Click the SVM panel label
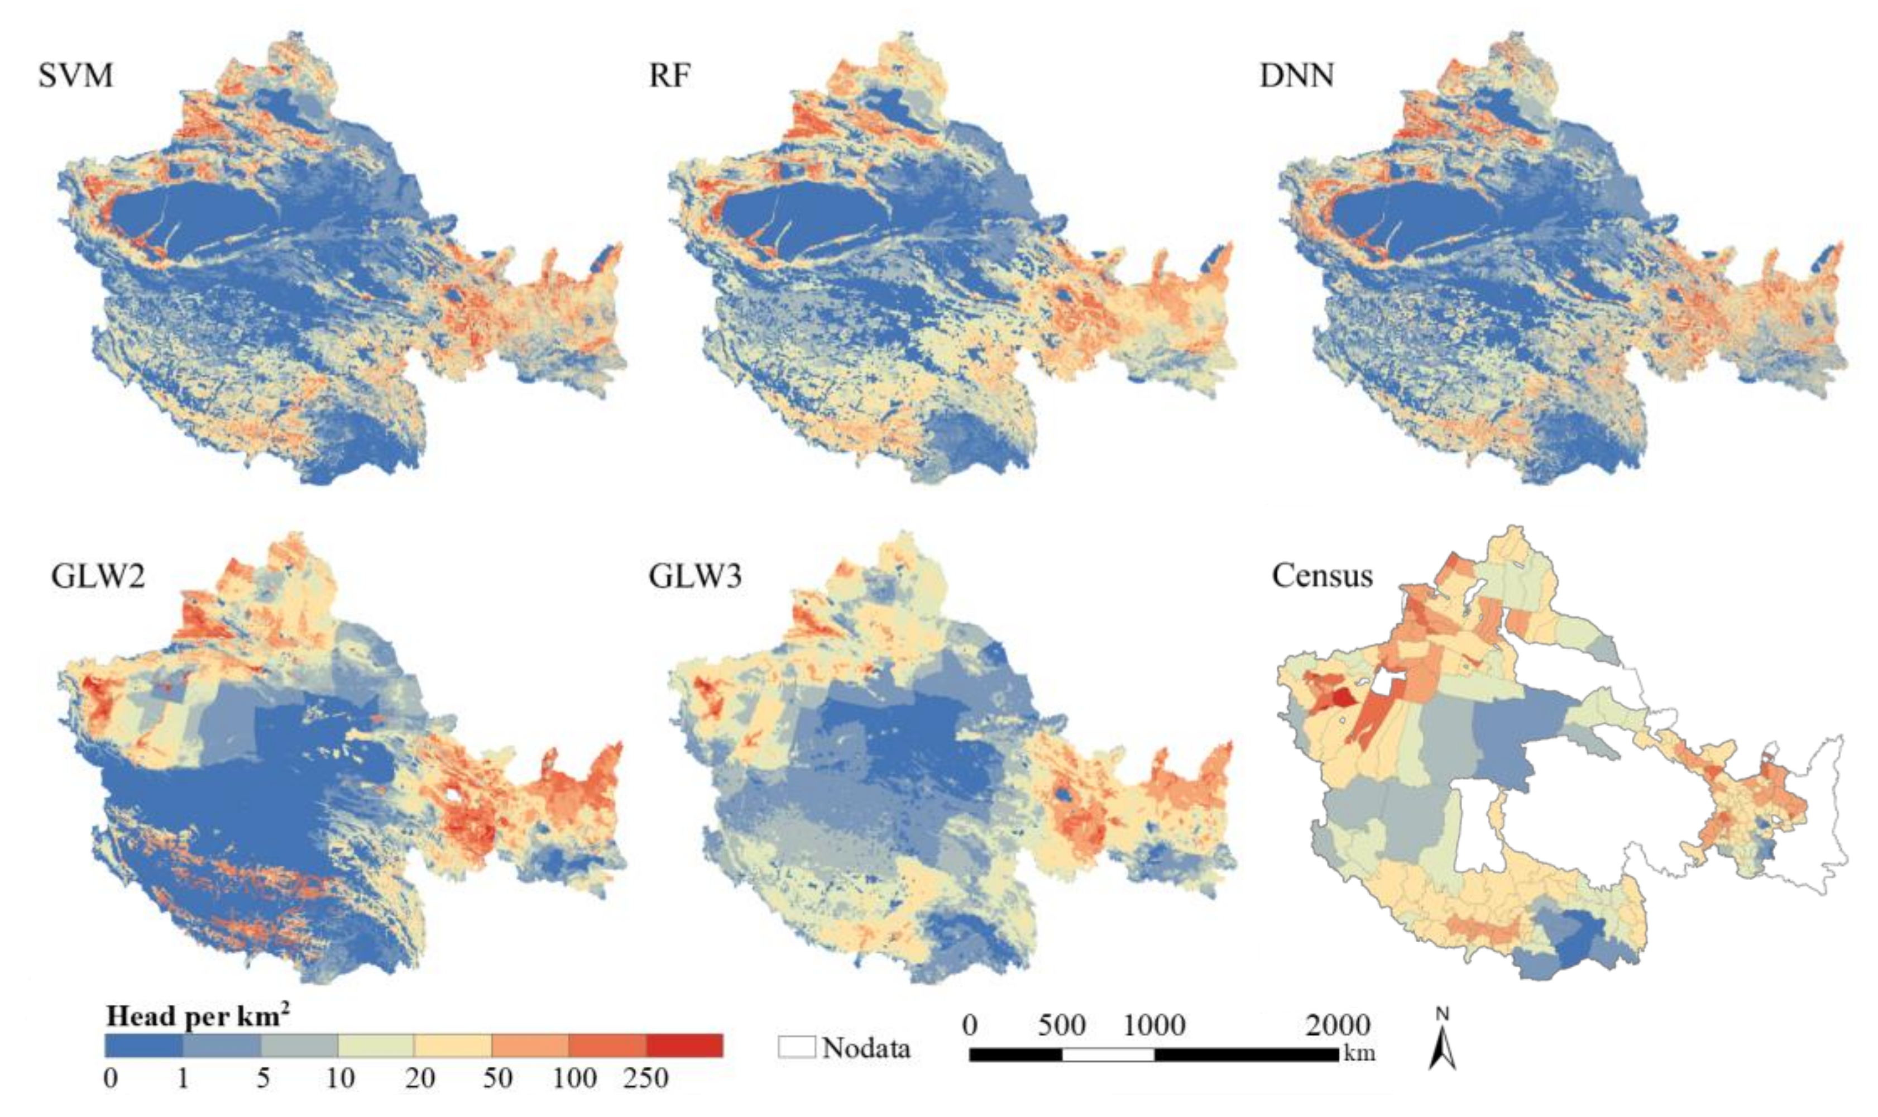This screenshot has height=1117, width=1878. tap(75, 77)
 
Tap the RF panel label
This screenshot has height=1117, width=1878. tap(669, 77)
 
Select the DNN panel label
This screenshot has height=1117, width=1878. tap(1296, 77)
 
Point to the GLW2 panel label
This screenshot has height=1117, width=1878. tap(98, 576)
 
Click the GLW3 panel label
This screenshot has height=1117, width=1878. tap(694, 576)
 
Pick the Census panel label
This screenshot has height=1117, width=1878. tap(1322, 576)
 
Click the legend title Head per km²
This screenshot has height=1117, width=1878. tap(198, 1017)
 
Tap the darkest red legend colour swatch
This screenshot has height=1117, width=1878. tap(684, 1046)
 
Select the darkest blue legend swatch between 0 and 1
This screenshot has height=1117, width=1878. tap(143, 1046)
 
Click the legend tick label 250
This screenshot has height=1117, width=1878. tap(645, 1078)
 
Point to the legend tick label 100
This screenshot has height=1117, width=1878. tap(575, 1078)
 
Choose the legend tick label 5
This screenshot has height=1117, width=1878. tap(262, 1078)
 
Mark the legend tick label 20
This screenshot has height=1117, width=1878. tap(420, 1078)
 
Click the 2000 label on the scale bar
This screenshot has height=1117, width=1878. tap(1338, 1025)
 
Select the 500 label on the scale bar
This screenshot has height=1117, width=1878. tap(1061, 1025)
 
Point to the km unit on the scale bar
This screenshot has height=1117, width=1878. tap(1359, 1052)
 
